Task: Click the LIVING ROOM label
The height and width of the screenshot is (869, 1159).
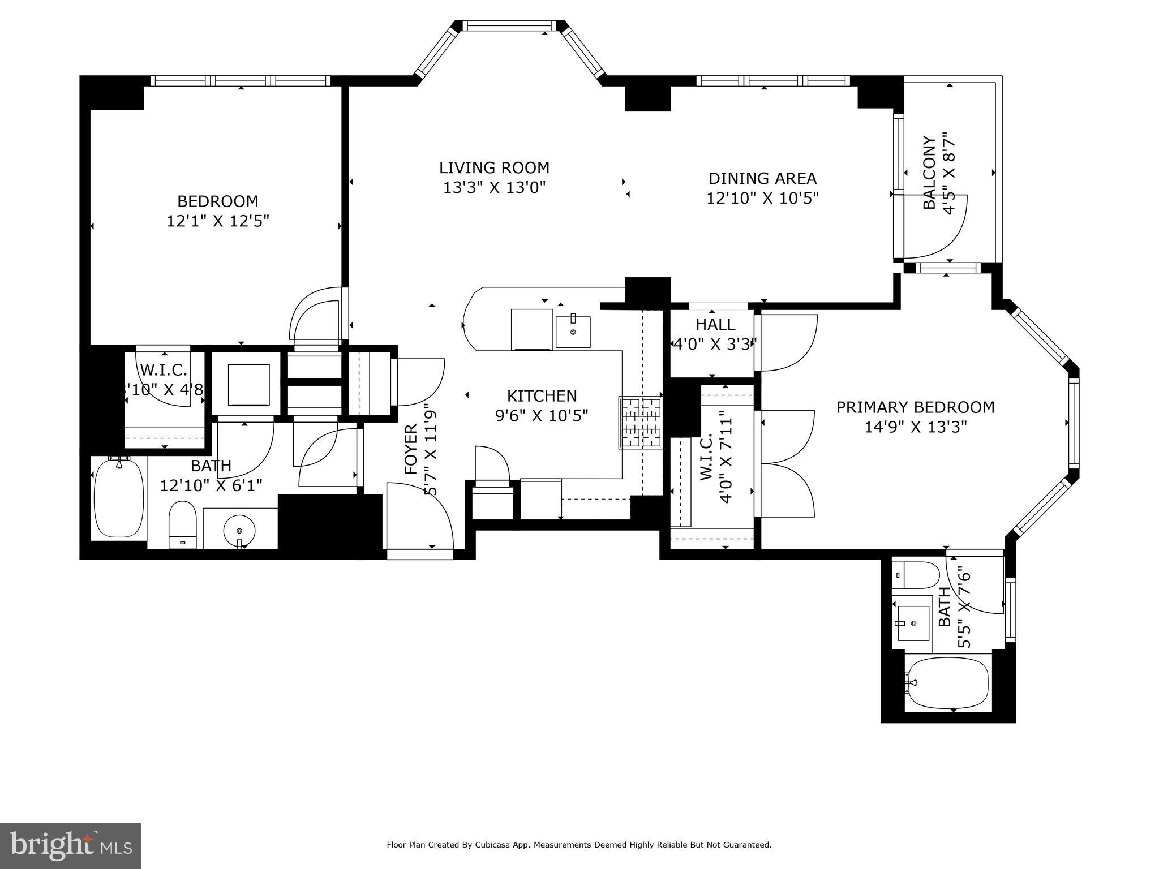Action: coord(494,168)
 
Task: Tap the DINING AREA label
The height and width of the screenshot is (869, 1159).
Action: coord(762,179)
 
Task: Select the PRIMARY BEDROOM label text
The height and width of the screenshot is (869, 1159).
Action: coord(915,407)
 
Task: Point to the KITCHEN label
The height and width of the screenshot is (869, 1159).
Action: coord(542,396)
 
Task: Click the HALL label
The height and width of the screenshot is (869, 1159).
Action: coord(715,325)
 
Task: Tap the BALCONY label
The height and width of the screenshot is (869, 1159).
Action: coord(929,173)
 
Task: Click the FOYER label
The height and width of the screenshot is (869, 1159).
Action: coord(411,449)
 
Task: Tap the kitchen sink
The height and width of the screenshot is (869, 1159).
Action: coord(573,332)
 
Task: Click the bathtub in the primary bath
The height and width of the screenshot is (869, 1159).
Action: coord(948,683)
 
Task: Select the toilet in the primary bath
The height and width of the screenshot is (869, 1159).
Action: coord(915,575)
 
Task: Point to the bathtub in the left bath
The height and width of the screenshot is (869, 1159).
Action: coord(119,497)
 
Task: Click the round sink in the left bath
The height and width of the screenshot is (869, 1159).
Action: coord(239,531)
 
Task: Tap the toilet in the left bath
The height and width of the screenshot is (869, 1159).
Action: coord(182,524)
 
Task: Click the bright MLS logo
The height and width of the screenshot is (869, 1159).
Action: coord(71,845)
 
